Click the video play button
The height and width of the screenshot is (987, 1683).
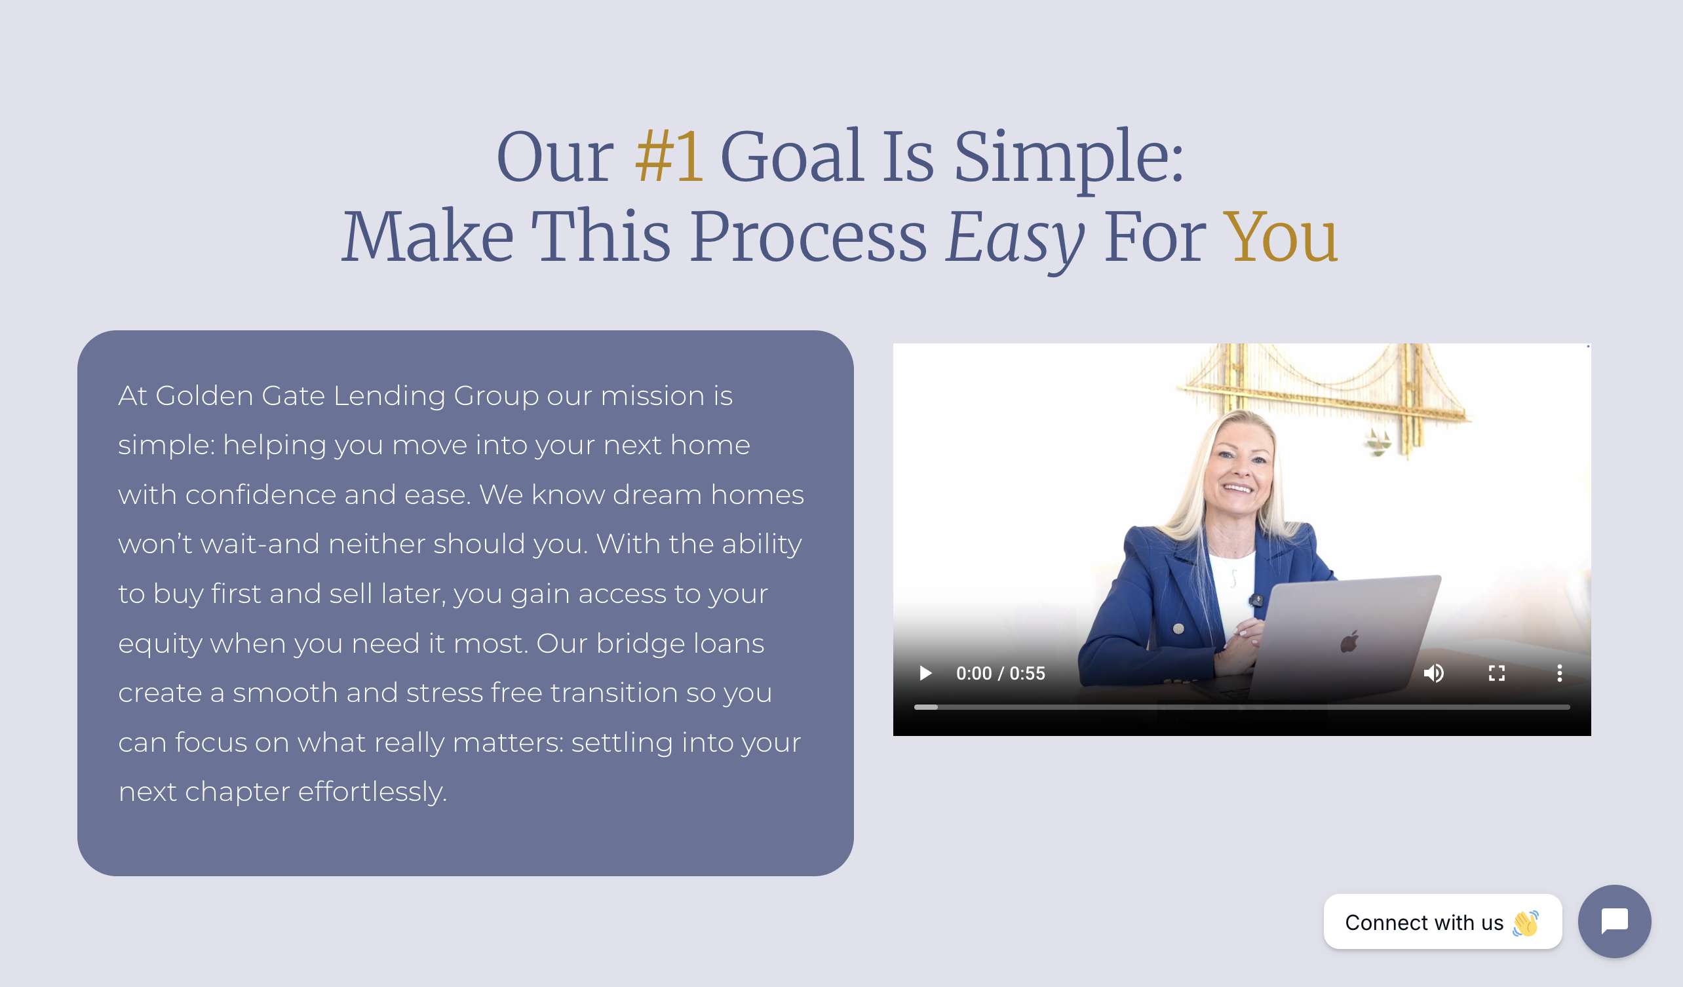pyautogui.click(x=925, y=673)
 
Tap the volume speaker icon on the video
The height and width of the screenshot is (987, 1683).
pyautogui.click(x=1433, y=673)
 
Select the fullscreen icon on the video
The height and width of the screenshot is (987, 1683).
pyautogui.click(x=1497, y=673)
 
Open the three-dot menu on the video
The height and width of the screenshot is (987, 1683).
pyautogui.click(x=1559, y=673)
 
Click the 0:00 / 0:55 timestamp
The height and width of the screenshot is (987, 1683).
pyautogui.click(x=1001, y=673)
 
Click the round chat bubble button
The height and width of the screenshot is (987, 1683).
pyautogui.click(x=1614, y=921)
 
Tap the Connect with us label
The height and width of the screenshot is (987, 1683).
pyautogui.click(x=1424, y=922)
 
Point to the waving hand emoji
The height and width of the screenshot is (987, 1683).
pyautogui.click(x=1526, y=923)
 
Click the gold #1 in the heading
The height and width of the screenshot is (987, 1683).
pyautogui.click(x=668, y=157)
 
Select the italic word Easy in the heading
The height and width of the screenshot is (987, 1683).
pyautogui.click(x=1015, y=239)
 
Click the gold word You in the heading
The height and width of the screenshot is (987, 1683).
pyautogui.click(x=1281, y=237)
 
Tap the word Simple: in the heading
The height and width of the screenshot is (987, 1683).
pyautogui.click(x=1068, y=159)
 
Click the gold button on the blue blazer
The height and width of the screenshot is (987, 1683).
pyautogui.click(x=1179, y=629)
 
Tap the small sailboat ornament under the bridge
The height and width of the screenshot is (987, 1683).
pyautogui.click(x=1377, y=443)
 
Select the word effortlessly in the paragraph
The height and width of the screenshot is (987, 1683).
pyautogui.click(x=372, y=792)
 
